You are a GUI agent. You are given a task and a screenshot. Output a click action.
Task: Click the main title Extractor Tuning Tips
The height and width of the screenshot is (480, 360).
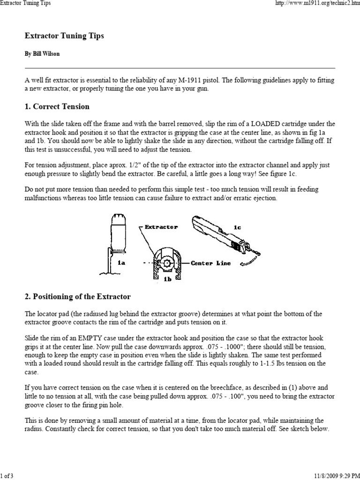coord(64,36)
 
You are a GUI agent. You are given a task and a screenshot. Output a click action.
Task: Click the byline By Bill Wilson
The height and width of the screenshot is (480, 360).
coord(42,54)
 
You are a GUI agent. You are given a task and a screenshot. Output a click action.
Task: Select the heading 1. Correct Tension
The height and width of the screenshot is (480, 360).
coord(57,106)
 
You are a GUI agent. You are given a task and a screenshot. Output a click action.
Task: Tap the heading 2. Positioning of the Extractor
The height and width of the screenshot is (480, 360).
coord(77,297)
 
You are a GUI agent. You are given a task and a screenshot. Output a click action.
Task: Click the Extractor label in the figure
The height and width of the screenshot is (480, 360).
coord(162,227)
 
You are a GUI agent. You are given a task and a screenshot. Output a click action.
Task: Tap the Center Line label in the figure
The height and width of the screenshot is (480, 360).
coord(210,263)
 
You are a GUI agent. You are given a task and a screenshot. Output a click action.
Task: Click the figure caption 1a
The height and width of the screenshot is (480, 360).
coord(121,263)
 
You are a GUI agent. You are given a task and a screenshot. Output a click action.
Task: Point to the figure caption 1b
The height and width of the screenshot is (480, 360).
coord(167,278)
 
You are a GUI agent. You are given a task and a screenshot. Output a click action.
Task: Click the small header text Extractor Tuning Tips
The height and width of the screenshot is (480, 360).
coord(25,3)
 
